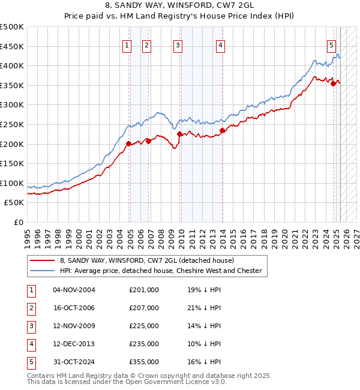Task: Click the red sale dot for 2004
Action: [x=128, y=143]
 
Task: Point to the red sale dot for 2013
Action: [x=222, y=130]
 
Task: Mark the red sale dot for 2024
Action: [x=334, y=83]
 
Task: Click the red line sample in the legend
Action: [x=42, y=260]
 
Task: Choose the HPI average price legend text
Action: [x=161, y=271]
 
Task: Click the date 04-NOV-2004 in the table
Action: [x=74, y=290]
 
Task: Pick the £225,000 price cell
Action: [x=144, y=326]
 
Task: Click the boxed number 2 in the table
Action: [x=30, y=308]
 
